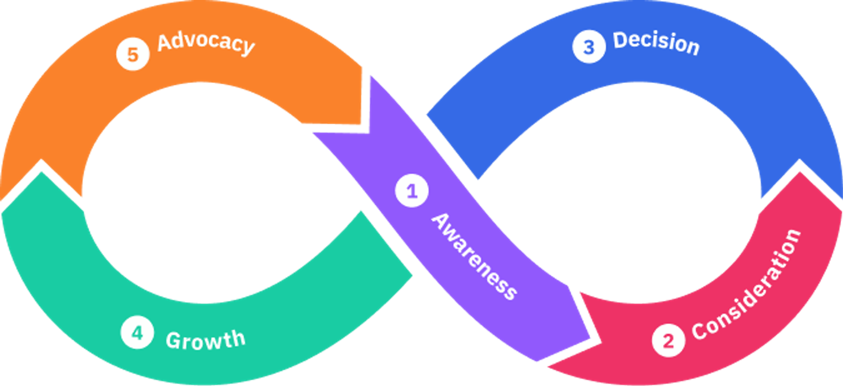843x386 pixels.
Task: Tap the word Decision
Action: click(x=656, y=43)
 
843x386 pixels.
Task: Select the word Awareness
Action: click(x=474, y=257)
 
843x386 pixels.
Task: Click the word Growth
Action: click(x=205, y=340)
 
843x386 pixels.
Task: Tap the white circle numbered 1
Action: click(x=411, y=191)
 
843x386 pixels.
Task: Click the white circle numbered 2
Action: click(x=668, y=340)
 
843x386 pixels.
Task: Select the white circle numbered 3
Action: click(x=589, y=47)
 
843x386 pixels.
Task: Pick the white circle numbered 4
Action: click(x=137, y=332)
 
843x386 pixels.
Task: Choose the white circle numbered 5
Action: click(x=133, y=54)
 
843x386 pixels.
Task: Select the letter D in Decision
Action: click(x=620, y=40)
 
